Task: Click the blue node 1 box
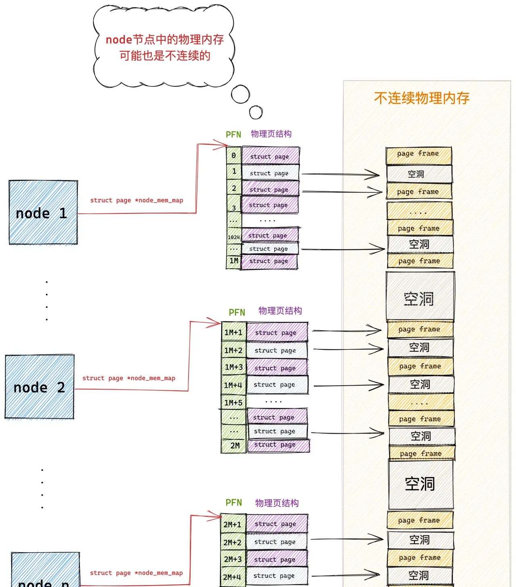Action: (x=43, y=213)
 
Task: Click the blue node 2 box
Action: (x=40, y=387)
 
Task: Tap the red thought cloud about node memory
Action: (x=164, y=47)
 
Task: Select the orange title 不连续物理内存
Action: (x=422, y=98)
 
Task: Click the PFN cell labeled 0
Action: (x=233, y=156)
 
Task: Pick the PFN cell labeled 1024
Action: (x=233, y=237)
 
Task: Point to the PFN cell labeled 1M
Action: (x=233, y=261)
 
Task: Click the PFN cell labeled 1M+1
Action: (x=233, y=332)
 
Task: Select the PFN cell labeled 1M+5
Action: (x=233, y=403)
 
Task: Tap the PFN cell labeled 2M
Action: (x=234, y=445)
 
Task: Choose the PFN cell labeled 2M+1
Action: (x=233, y=524)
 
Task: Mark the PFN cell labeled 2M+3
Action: (x=233, y=559)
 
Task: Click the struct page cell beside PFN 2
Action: (x=269, y=189)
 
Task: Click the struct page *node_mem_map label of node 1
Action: (x=136, y=200)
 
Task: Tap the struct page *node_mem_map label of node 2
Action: (x=129, y=378)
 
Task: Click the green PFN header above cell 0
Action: (x=233, y=134)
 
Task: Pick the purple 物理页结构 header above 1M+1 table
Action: (x=280, y=311)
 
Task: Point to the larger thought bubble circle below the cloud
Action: (x=241, y=94)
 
